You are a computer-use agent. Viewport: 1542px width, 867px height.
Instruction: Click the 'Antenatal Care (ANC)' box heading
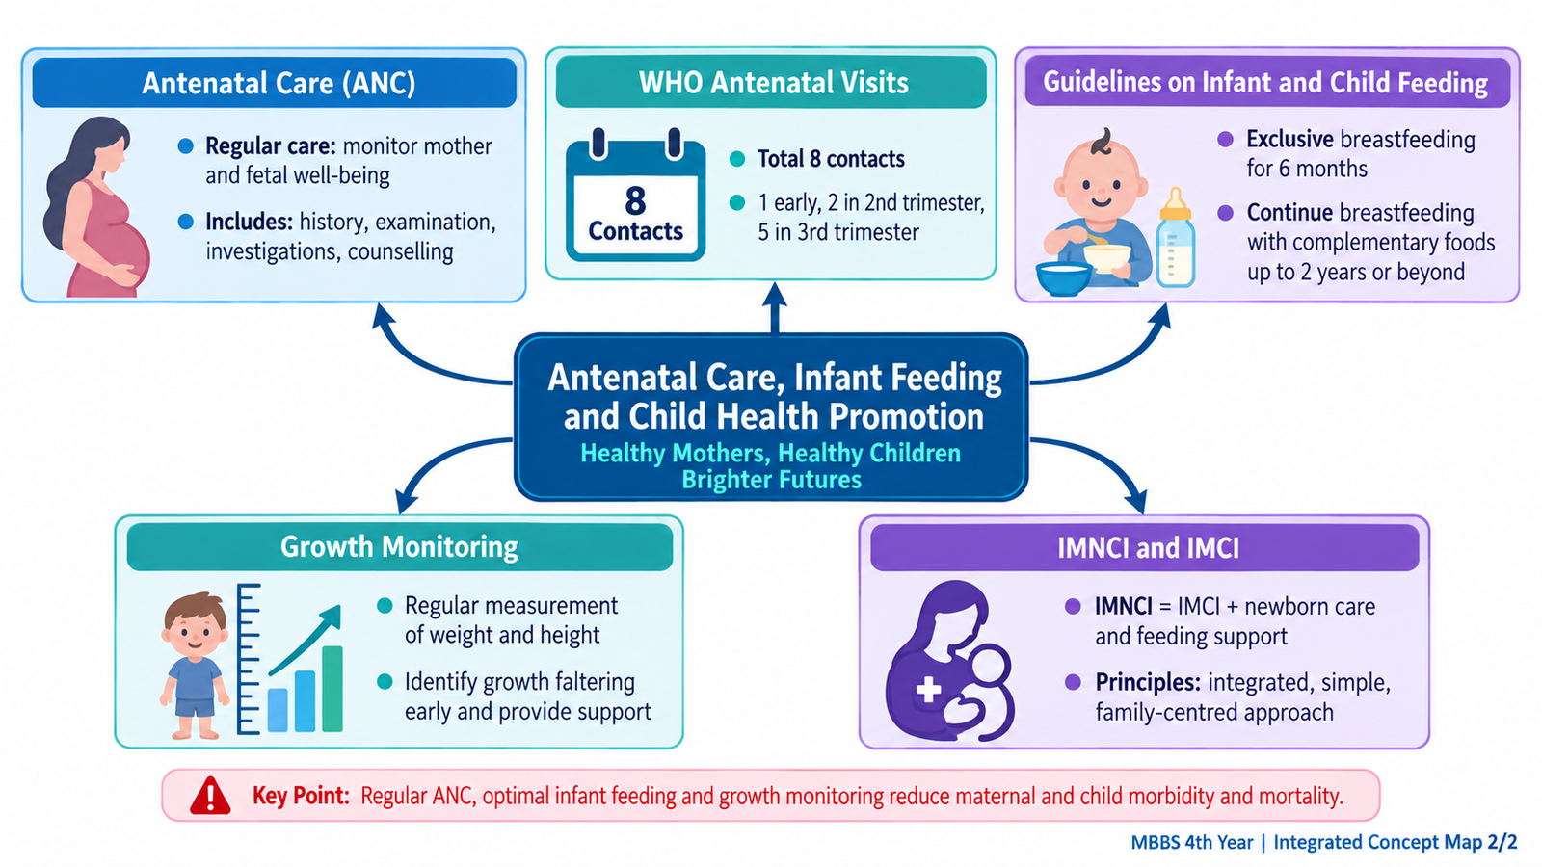pos(279,83)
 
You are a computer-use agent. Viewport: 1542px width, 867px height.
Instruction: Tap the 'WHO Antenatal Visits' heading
pos(773,83)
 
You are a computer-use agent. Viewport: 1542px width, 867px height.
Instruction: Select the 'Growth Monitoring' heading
pos(399,547)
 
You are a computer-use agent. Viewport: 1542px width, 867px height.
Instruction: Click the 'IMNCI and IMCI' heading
pos(1148,548)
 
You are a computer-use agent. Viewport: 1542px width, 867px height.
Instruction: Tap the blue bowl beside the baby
pos(1064,278)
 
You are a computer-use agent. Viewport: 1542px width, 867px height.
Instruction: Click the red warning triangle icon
pos(210,796)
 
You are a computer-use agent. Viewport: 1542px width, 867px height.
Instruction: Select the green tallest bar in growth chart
pos(332,688)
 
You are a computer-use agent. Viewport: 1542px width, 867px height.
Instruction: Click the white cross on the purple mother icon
pos(929,689)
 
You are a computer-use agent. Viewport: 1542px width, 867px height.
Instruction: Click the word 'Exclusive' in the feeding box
pos(1290,140)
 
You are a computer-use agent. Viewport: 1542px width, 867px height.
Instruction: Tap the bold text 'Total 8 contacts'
pos(831,159)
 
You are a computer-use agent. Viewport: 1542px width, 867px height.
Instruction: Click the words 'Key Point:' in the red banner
pos(301,796)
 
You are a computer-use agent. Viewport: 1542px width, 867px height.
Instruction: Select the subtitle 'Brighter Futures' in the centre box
pos(771,479)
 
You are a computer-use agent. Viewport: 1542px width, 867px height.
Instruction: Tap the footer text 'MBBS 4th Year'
pos(1191,842)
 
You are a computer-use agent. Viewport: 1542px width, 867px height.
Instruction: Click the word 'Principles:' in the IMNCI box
pos(1148,683)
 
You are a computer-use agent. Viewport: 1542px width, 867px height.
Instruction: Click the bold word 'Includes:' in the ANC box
pos(250,223)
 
